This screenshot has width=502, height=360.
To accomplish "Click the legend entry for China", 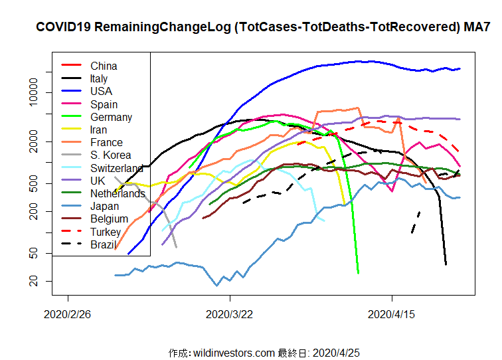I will [104, 66].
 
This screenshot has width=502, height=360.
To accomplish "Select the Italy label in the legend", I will [99, 78].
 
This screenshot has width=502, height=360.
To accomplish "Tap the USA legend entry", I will [101, 91].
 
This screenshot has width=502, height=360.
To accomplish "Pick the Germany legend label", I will [111, 117].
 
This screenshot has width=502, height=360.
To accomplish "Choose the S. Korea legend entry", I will [110, 155].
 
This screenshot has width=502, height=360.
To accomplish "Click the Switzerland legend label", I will [117, 168].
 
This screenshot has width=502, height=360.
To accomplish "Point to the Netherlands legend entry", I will [118, 193].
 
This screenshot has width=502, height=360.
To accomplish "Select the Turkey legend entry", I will [106, 232].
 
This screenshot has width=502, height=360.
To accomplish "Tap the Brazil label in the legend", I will [104, 244].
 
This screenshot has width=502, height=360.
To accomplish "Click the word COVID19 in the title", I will [64, 28].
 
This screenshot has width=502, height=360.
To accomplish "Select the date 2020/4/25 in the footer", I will [336, 353].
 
